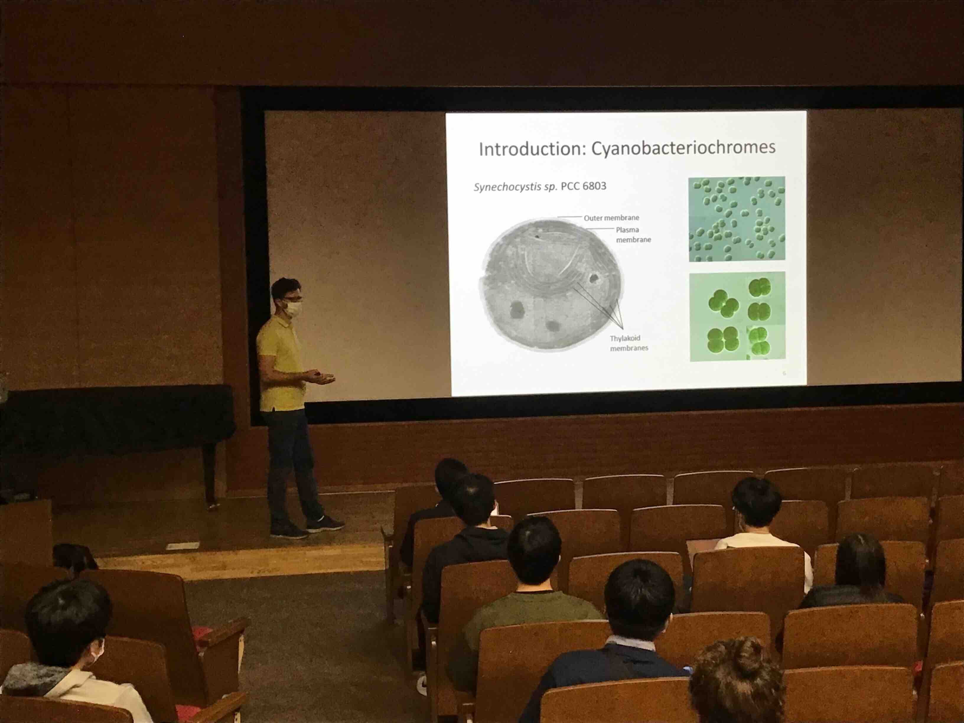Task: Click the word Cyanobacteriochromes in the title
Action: (x=683, y=148)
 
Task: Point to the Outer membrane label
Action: (x=611, y=217)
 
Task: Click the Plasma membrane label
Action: (x=633, y=235)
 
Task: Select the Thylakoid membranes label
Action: (x=628, y=343)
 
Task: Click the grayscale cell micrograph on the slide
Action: (x=551, y=284)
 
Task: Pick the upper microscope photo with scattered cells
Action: (x=737, y=219)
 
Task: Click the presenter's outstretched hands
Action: (x=322, y=377)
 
